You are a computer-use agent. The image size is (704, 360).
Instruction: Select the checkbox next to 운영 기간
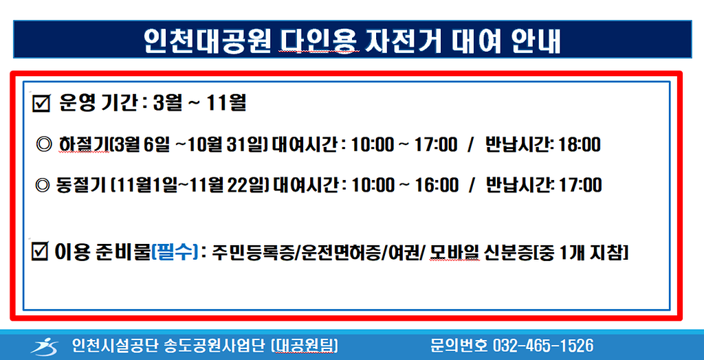click(41, 105)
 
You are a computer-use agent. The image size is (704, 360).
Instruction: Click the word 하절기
click(84, 146)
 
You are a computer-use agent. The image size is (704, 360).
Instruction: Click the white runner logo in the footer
click(44, 346)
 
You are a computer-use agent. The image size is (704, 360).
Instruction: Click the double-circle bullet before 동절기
click(42, 185)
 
